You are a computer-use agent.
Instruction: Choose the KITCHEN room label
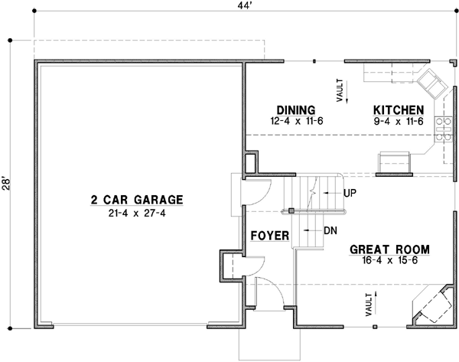(x=395, y=110)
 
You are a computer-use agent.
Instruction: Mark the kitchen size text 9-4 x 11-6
(x=395, y=121)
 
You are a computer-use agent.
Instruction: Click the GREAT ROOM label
(x=389, y=249)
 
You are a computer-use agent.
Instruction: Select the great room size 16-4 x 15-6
(x=389, y=260)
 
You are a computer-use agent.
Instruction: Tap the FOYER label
(x=269, y=236)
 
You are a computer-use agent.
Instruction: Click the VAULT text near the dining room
(x=338, y=90)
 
